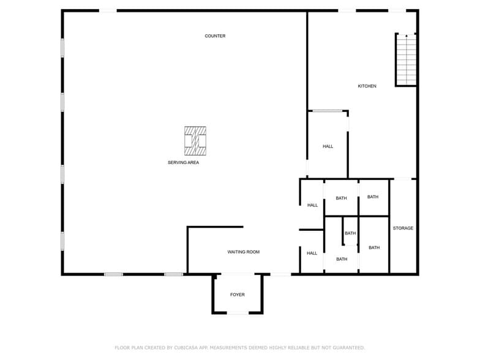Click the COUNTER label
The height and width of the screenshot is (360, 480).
pyautogui.click(x=215, y=36)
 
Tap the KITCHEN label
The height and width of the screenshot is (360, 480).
pyautogui.click(x=367, y=86)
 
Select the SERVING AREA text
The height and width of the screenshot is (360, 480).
pyautogui.click(x=183, y=163)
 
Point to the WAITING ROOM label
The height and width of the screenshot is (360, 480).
pyautogui.click(x=244, y=252)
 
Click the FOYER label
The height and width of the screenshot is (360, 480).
pyautogui.click(x=238, y=295)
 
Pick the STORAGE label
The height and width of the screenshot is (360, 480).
pyautogui.click(x=403, y=228)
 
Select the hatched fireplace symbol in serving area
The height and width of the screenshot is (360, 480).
pyautogui.click(x=195, y=141)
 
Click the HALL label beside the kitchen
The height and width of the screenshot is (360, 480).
pyautogui.click(x=328, y=146)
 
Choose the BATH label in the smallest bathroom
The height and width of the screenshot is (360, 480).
pyautogui.click(x=350, y=233)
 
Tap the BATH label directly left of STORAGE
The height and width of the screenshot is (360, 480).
pyautogui.click(x=374, y=248)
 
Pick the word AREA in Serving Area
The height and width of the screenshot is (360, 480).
pyautogui.click(x=193, y=163)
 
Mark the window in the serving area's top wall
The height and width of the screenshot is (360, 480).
pyautogui.click(x=108, y=10)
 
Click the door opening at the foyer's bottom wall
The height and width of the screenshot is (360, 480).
pyautogui.click(x=238, y=313)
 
